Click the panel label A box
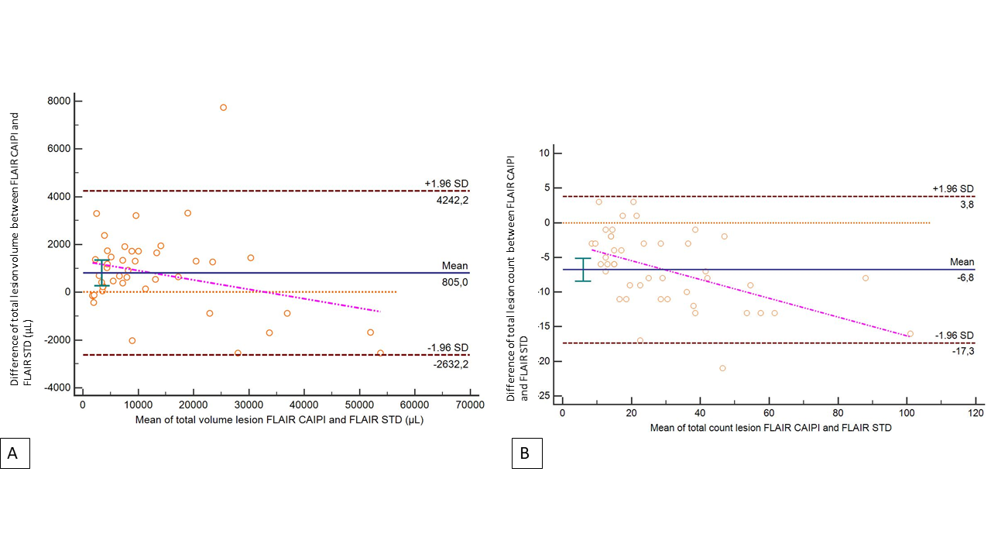15,453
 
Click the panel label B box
526,453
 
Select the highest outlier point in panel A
223,108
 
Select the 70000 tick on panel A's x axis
469,405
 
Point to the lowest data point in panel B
722,368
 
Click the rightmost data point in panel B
910,334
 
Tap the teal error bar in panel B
583,270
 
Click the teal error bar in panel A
101,273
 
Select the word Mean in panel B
962,262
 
